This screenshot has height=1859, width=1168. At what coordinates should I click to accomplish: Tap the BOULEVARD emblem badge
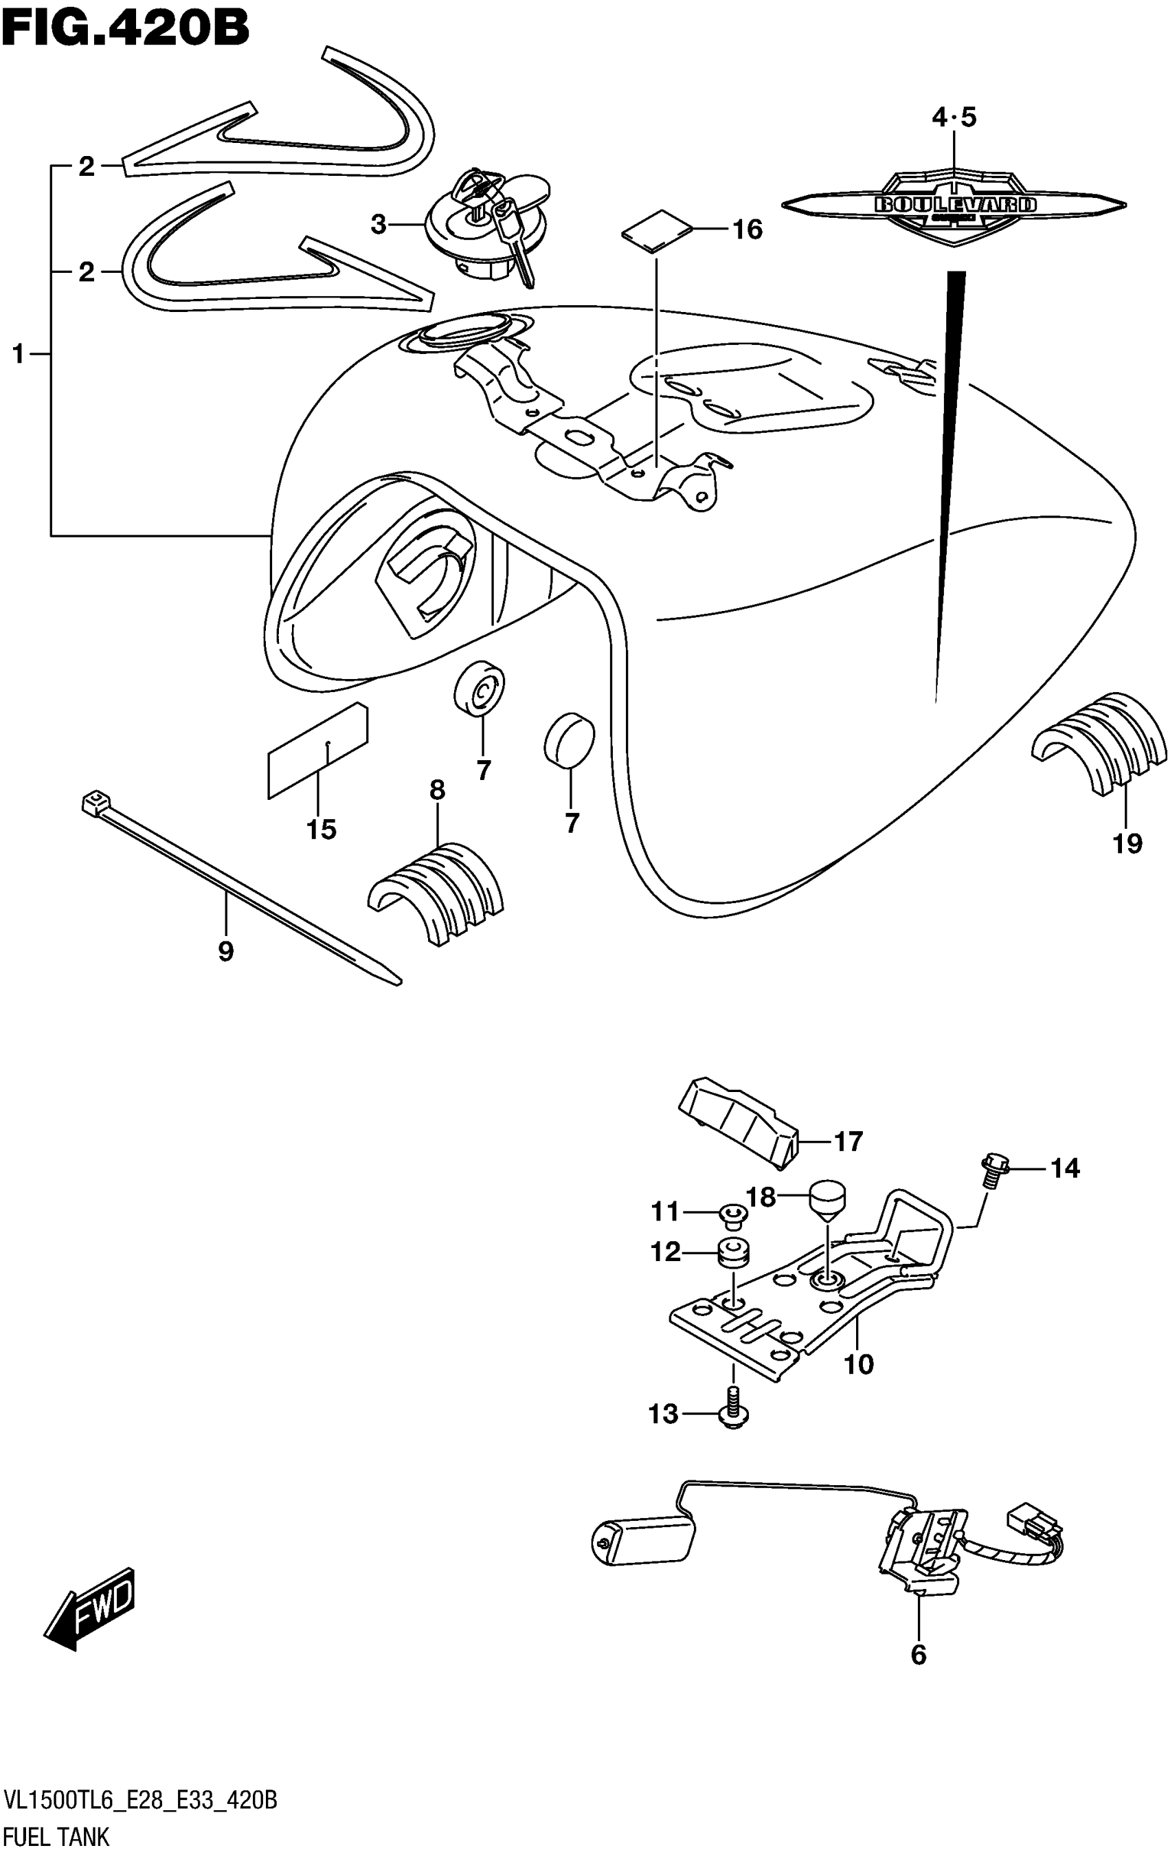pyautogui.click(x=954, y=205)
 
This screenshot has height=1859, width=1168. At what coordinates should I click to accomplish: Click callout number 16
pyautogui.click(x=748, y=230)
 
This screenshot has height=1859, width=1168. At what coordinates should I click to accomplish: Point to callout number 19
pyautogui.click(x=1126, y=843)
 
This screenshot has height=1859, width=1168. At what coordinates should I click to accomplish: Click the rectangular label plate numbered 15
pyautogui.click(x=317, y=750)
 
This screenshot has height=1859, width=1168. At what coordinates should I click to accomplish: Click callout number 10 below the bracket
pyautogui.click(x=857, y=1364)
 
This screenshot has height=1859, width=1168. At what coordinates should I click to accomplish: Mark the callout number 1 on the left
pyautogui.click(x=19, y=355)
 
